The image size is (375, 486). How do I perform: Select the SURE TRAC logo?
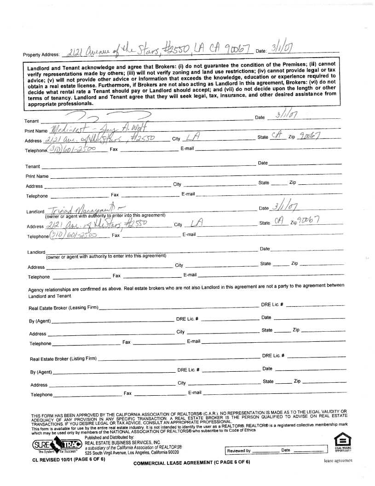click(57, 445)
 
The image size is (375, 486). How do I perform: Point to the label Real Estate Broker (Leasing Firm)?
click(63, 308)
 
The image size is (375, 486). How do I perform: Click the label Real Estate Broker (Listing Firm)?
click(63, 359)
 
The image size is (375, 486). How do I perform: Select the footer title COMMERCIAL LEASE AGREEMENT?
click(191, 462)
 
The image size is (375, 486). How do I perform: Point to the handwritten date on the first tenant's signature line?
click(286, 115)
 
